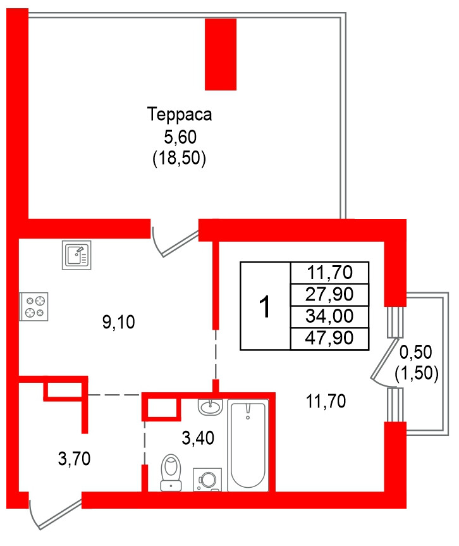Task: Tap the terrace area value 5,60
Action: pyautogui.click(x=180, y=137)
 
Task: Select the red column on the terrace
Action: pyautogui.click(x=221, y=54)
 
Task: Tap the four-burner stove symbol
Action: pyautogui.click(x=34, y=306)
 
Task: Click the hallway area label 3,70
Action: pyautogui.click(x=74, y=458)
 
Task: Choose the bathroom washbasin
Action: pyautogui.click(x=211, y=406)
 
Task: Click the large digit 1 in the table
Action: pyautogui.click(x=266, y=307)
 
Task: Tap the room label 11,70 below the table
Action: pyautogui.click(x=326, y=401)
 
